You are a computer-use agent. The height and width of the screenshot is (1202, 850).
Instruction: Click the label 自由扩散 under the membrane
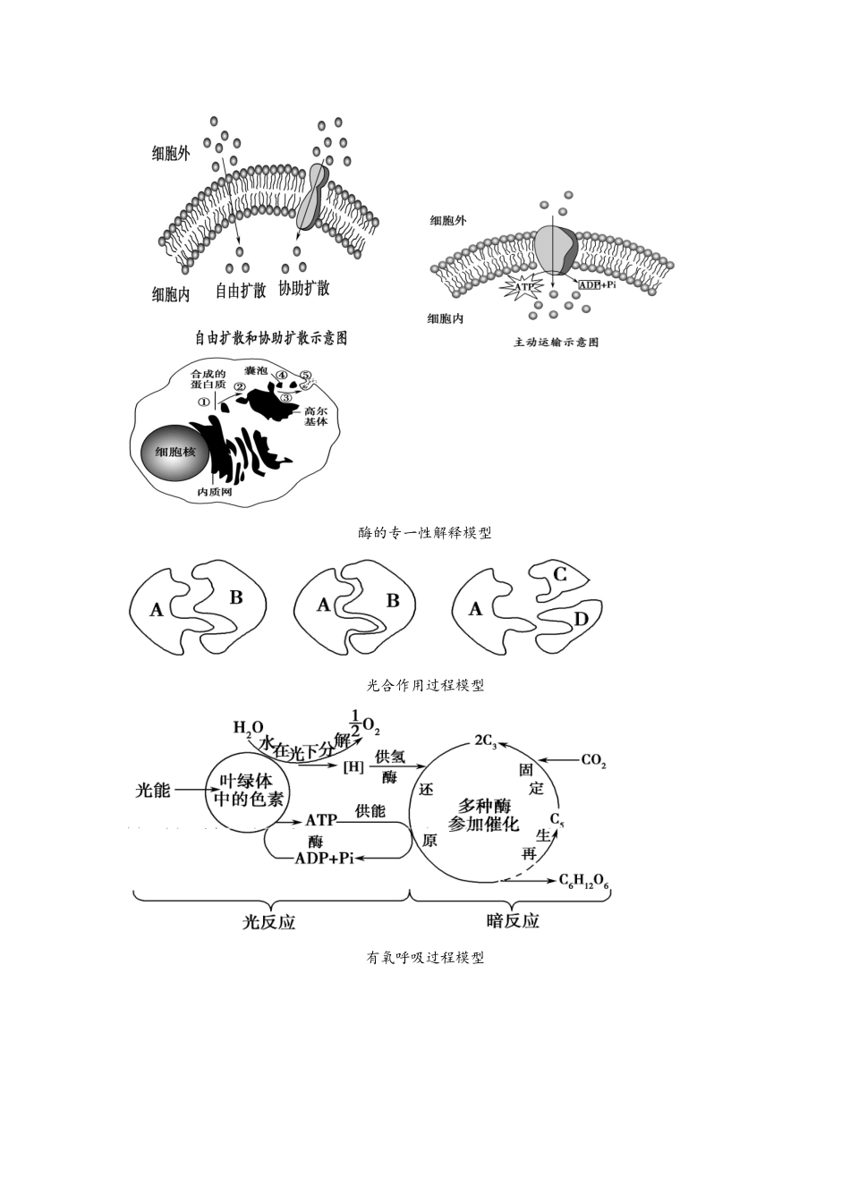pos(241,290)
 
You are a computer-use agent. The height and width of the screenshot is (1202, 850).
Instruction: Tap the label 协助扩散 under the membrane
pos(303,288)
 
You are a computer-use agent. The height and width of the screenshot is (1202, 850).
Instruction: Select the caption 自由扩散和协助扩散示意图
pos(271,337)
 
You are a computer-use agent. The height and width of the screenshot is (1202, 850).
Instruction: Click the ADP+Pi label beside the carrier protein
pos(597,284)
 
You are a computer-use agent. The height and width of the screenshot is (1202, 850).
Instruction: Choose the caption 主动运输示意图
pos(555,342)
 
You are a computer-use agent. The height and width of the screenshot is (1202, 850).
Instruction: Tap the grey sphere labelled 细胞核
pos(174,453)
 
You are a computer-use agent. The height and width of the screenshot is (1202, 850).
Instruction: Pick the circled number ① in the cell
pos(203,402)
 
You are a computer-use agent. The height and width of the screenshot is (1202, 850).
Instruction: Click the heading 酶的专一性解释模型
pos(424,533)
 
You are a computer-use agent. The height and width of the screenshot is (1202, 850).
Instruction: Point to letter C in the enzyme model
pos(559,574)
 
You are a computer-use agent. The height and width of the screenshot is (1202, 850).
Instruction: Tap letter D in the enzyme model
pos(581,619)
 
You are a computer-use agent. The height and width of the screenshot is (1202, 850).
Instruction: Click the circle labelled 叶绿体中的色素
pos(245,790)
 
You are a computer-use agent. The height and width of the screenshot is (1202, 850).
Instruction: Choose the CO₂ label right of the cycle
pos(593,761)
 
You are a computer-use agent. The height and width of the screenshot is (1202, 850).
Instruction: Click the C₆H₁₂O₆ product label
pos(583,882)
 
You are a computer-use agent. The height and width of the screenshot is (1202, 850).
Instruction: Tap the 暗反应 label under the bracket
pos(512,921)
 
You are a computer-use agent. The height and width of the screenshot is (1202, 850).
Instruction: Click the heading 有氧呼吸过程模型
pos(425,958)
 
